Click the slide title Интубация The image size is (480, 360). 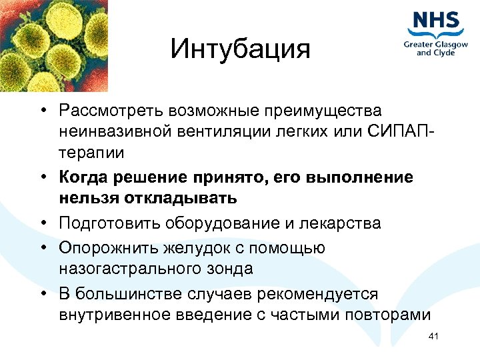[240, 49]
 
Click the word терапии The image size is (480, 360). [91, 152]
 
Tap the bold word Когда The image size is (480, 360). [82, 177]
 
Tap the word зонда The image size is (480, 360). [231, 269]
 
